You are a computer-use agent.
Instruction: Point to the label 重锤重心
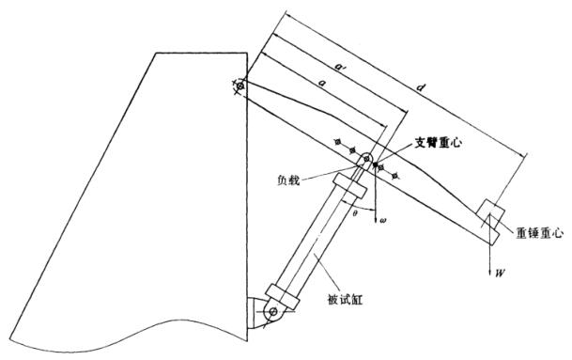[539, 228]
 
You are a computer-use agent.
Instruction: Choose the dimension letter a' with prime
[340, 68]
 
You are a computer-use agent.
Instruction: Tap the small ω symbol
[383, 221]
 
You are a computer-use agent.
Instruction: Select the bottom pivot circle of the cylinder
[272, 310]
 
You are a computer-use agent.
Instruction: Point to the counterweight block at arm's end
[489, 217]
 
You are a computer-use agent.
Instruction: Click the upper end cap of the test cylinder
[348, 192]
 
